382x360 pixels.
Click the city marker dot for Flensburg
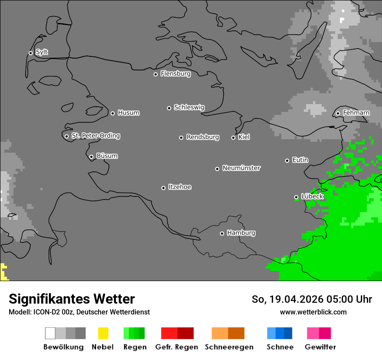click(155, 74)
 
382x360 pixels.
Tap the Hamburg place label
click(241, 233)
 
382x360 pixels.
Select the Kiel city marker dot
click(233, 137)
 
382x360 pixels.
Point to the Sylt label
click(42, 52)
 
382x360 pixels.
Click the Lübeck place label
click(312, 196)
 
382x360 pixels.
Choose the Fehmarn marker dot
click(338, 114)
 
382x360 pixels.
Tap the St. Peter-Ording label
click(95, 136)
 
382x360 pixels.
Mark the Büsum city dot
click(91, 157)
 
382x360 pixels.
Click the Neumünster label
click(241, 168)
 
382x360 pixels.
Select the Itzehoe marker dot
click(163, 188)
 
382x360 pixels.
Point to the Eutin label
click(300, 160)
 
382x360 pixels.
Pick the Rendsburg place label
click(203, 137)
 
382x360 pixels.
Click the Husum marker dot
click(112, 113)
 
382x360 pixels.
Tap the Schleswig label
click(189, 108)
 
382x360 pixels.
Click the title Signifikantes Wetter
click(72, 299)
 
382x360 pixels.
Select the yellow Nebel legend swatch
click(103, 333)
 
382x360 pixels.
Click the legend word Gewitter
click(320, 347)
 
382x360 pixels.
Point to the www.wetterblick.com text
click(313, 312)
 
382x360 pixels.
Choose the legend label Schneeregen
click(229, 347)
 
